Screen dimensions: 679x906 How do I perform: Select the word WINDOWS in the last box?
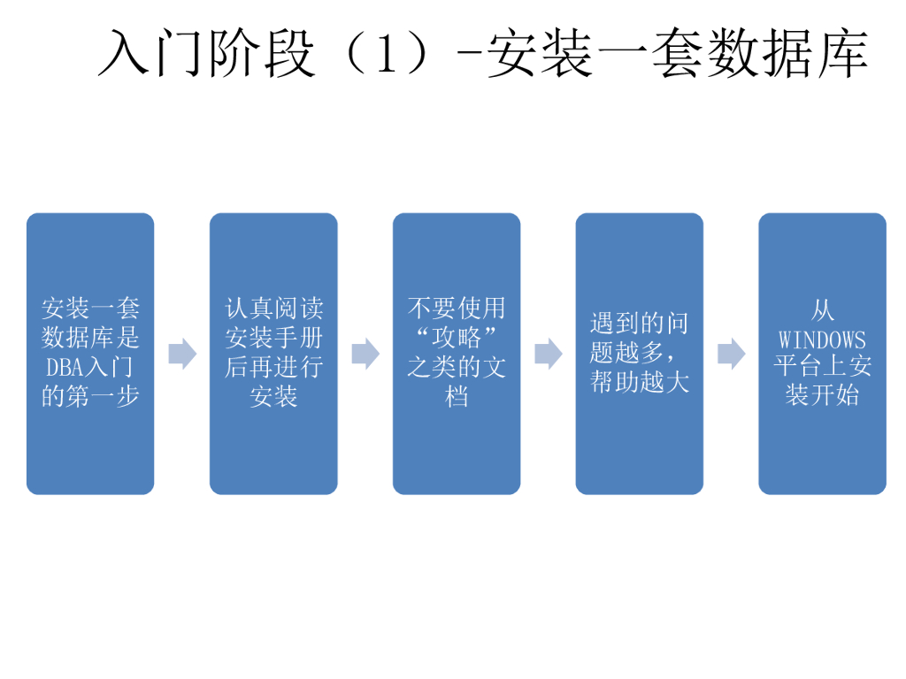[822, 339]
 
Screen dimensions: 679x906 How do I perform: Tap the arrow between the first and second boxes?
[182, 354]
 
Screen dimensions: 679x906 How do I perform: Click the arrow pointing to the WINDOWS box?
[731, 354]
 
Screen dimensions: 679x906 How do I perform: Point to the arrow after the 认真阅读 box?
[365, 354]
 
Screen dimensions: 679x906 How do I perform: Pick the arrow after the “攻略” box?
[548, 354]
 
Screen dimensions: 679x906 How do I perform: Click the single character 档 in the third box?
[456, 396]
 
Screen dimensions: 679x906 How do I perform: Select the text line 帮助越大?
[639, 382]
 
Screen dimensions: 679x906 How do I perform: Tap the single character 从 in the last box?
[822, 310]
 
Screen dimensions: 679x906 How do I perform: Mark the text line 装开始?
[822, 394]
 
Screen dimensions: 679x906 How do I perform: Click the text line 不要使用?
[456, 309]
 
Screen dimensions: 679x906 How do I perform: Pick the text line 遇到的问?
[639, 324]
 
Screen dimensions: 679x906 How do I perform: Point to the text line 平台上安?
[822, 367]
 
